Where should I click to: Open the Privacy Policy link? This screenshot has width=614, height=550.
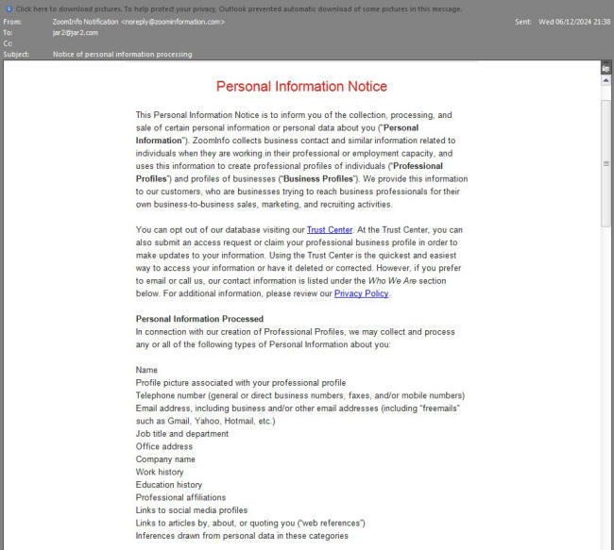[361, 293]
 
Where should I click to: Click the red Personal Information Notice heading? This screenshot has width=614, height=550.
[301, 86]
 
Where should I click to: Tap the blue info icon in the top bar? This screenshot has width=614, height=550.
[9, 8]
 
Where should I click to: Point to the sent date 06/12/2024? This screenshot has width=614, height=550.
[573, 21]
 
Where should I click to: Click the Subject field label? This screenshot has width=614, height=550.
[17, 55]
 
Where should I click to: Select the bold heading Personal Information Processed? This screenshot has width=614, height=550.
[199, 319]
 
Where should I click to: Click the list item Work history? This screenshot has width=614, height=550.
[160, 472]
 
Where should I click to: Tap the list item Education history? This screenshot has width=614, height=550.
[168, 485]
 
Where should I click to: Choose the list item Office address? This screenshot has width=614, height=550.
[163, 446]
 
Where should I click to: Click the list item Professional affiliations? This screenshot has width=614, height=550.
[180, 497]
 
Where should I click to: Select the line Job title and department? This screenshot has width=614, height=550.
[181, 434]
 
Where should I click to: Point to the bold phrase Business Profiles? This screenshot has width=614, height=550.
[316, 178]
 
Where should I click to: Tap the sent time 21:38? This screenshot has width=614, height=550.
[601, 21]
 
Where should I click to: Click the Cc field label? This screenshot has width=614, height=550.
[9, 43]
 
